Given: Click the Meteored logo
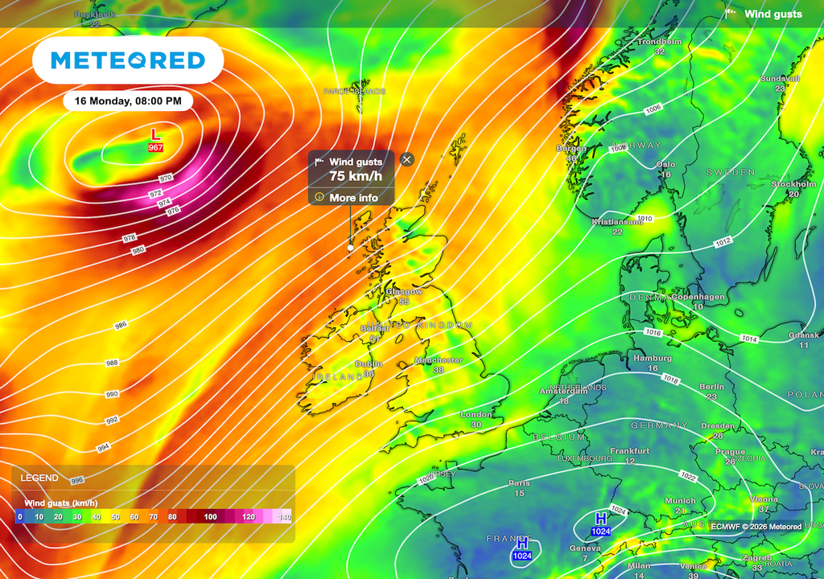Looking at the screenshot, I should (127, 60).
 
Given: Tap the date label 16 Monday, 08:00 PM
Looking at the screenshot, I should (128, 101).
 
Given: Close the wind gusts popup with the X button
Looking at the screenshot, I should (406, 159).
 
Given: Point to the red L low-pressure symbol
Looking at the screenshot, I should (155, 134).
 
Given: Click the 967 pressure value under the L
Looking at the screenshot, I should (155, 148).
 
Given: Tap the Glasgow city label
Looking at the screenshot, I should (404, 291).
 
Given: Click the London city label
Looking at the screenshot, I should (476, 415).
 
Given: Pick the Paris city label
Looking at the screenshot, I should (519, 483).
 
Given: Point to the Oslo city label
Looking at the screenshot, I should (665, 164).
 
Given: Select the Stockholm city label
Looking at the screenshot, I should (793, 184).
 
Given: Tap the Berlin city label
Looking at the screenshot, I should (711, 387).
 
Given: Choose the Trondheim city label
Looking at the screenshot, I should (659, 41).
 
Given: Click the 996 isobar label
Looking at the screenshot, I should (77, 480).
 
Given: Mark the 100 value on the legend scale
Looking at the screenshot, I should (210, 516).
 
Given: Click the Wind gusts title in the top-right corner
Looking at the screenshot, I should (772, 14).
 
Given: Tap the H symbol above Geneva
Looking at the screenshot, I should (600, 519).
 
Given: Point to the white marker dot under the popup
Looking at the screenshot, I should (350, 248).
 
